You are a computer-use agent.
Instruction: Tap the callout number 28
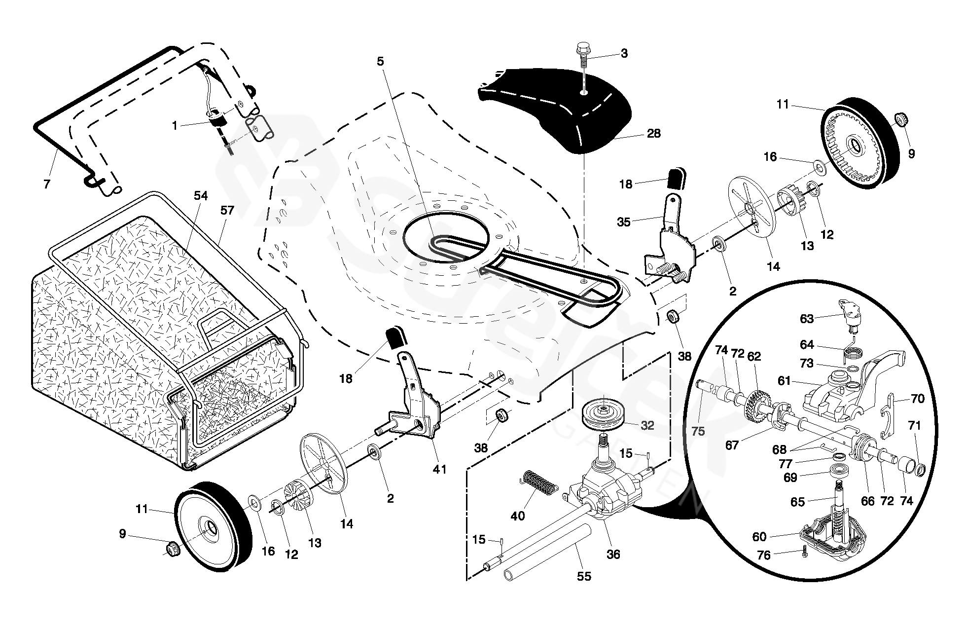[653, 133]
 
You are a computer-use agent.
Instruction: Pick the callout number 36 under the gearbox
[613, 554]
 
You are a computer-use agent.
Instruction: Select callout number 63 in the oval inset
[806, 319]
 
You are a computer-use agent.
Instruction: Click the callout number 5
[380, 62]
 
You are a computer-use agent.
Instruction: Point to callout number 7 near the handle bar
[47, 185]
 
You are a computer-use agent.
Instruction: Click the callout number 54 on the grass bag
[201, 196]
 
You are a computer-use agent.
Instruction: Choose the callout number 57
[227, 211]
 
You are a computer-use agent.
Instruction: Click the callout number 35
[624, 222]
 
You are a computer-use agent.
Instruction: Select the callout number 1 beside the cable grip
[175, 126]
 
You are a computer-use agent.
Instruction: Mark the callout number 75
[698, 431]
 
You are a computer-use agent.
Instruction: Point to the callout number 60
[759, 536]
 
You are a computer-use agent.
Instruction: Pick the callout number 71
[914, 425]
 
